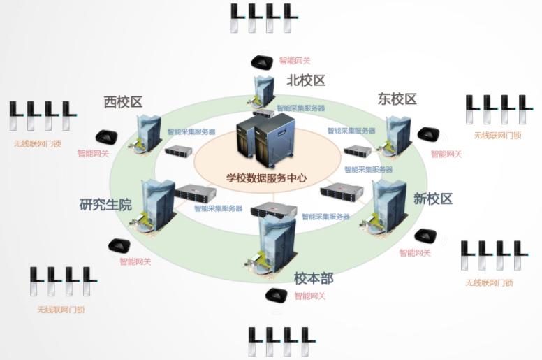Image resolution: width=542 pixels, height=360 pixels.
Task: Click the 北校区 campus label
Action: [x=306, y=80]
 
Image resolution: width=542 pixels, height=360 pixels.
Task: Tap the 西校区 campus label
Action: [x=124, y=102]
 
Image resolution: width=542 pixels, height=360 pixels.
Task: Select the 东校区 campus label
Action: [x=397, y=99]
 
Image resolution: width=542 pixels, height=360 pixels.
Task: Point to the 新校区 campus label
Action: [x=433, y=199]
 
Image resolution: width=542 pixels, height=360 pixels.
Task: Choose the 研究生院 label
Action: [x=105, y=204]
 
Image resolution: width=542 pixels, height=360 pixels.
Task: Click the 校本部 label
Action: [x=314, y=278]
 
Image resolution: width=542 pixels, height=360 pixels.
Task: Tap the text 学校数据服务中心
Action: [x=267, y=178]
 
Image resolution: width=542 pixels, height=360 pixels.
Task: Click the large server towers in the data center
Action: [x=265, y=140]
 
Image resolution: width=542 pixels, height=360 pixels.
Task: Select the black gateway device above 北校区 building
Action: [x=261, y=62]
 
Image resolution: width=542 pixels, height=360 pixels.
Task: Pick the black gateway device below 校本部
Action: [x=276, y=295]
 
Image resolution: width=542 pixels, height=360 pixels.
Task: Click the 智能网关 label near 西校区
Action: [x=93, y=154]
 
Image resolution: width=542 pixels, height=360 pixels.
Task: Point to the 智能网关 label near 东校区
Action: [x=446, y=154]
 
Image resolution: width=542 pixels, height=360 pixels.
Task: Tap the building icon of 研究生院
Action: [x=154, y=207]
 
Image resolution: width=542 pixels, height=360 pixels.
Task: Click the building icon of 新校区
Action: [x=386, y=207]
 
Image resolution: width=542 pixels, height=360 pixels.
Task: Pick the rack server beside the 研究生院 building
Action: [x=196, y=193]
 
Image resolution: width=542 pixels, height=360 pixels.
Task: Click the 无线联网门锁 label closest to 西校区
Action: [x=37, y=144]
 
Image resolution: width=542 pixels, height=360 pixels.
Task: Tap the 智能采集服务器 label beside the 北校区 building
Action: [x=301, y=108]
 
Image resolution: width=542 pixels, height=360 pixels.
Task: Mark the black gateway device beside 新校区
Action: [x=425, y=236]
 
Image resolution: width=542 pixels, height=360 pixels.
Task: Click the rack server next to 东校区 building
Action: [x=358, y=151]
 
